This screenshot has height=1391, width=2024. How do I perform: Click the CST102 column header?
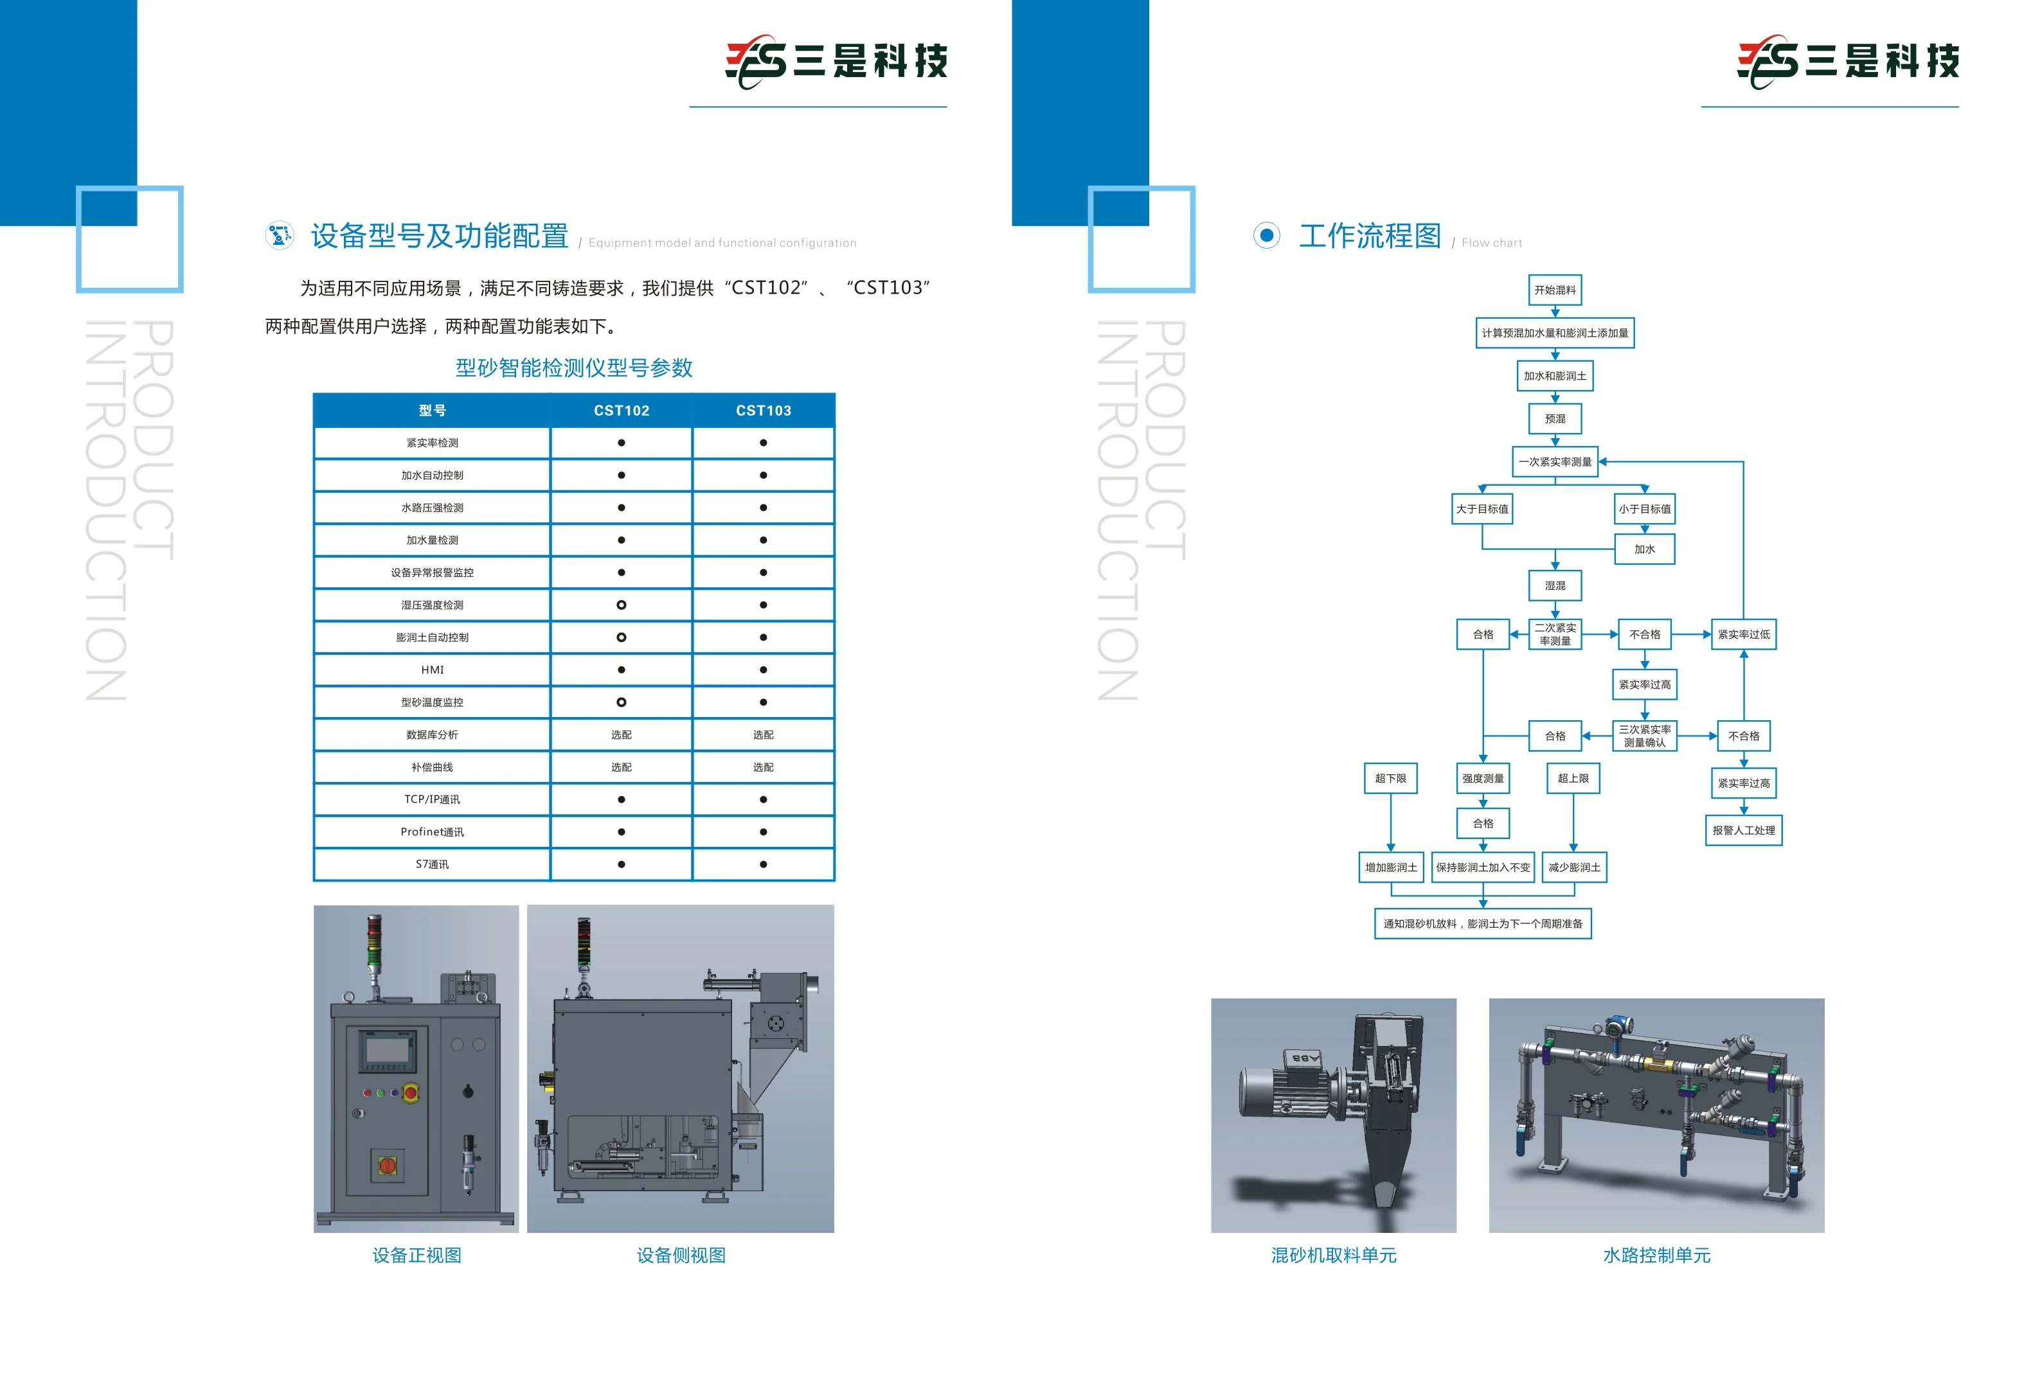pyautogui.click(x=621, y=411)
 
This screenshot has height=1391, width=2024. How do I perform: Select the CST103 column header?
pyautogui.click(x=764, y=411)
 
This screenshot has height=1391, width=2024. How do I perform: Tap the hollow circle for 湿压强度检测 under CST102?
pyautogui.click(x=622, y=605)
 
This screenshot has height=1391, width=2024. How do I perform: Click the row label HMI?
pyautogui.click(x=433, y=669)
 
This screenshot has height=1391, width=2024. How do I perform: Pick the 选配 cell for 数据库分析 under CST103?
pyautogui.click(x=764, y=735)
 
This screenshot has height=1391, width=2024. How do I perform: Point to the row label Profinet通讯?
pyautogui.click(x=433, y=831)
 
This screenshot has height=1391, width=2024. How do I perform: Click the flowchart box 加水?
pyautogui.click(x=1645, y=549)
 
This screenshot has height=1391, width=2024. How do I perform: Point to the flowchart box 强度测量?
pyautogui.click(x=1483, y=778)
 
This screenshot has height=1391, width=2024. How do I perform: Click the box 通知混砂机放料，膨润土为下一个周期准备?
pyautogui.click(x=1483, y=924)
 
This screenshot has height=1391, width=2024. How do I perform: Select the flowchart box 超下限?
pyautogui.click(x=1390, y=778)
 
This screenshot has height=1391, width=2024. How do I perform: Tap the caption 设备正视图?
pyautogui.click(x=416, y=1255)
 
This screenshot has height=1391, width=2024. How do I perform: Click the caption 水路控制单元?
pyautogui.click(x=1656, y=1255)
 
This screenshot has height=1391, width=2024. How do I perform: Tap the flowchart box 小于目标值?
pyautogui.click(x=1645, y=509)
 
